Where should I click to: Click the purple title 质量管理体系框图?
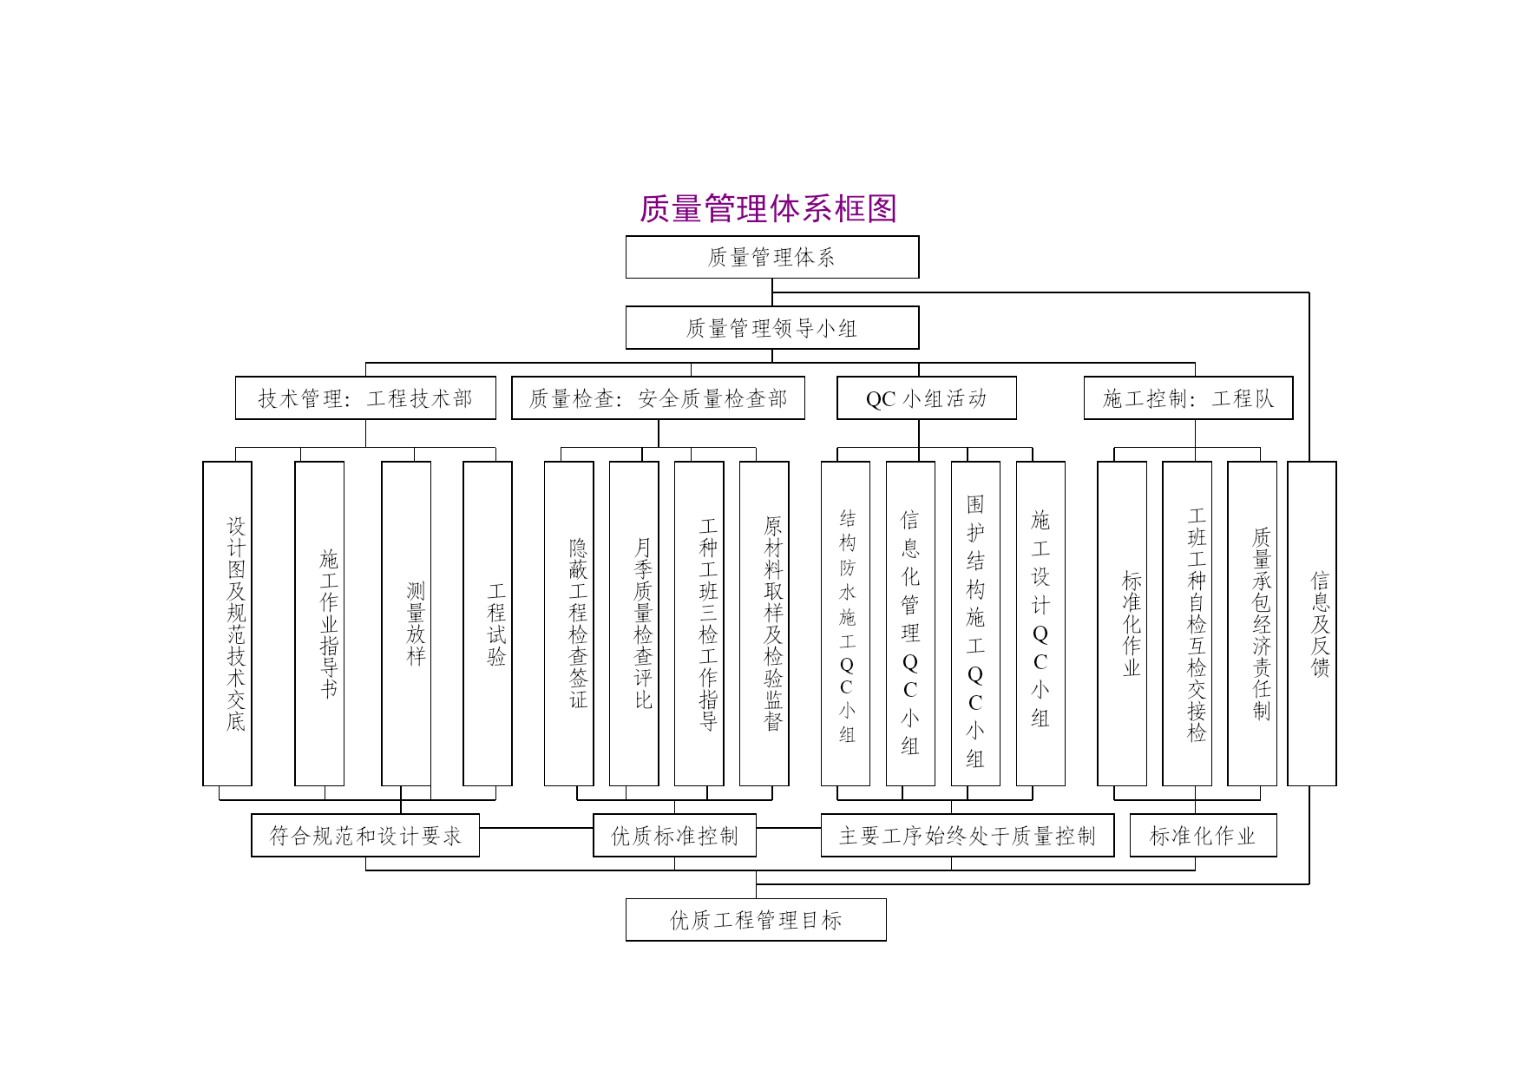tap(768, 208)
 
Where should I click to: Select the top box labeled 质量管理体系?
tap(772, 257)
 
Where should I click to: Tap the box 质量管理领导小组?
tap(772, 328)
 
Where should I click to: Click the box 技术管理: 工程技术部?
tap(365, 398)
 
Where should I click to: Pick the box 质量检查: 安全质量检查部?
tap(658, 398)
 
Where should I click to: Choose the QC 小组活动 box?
tap(927, 398)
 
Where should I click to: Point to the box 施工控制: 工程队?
tap(1189, 398)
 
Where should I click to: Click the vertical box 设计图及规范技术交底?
tap(227, 624)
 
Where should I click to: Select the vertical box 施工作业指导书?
tap(319, 624)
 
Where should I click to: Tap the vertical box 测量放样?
tap(406, 624)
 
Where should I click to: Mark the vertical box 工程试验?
tap(488, 624)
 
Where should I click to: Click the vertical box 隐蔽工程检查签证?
tap(569, 624)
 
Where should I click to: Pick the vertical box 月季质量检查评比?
tap(634, 624)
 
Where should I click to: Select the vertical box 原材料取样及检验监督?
tap(764, 624)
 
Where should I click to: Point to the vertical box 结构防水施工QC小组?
tap(846, 624)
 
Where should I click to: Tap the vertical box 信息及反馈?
tap(1312, 624)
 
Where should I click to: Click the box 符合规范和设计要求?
tap(365, 836)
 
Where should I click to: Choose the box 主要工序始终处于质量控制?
tap(968, 836)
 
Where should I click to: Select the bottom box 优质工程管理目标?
tap(756, 920)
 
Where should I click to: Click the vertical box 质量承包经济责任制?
tap(1252, 624)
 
